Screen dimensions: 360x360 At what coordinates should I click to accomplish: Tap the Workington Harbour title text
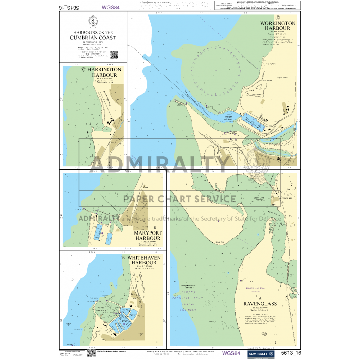(x=278, y=26)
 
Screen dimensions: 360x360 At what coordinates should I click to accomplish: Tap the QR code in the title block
(x=114, y=55)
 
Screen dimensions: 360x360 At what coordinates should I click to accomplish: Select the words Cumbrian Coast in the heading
(x=93, y=38)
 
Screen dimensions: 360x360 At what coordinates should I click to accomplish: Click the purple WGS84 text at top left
(x=112, y=8)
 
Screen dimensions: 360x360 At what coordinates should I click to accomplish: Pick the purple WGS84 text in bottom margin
(x=230, y=353)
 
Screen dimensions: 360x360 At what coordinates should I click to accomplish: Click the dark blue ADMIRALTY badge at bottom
(x=260, y=353)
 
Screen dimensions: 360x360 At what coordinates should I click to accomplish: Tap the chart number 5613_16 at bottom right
(x=291, y=353)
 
